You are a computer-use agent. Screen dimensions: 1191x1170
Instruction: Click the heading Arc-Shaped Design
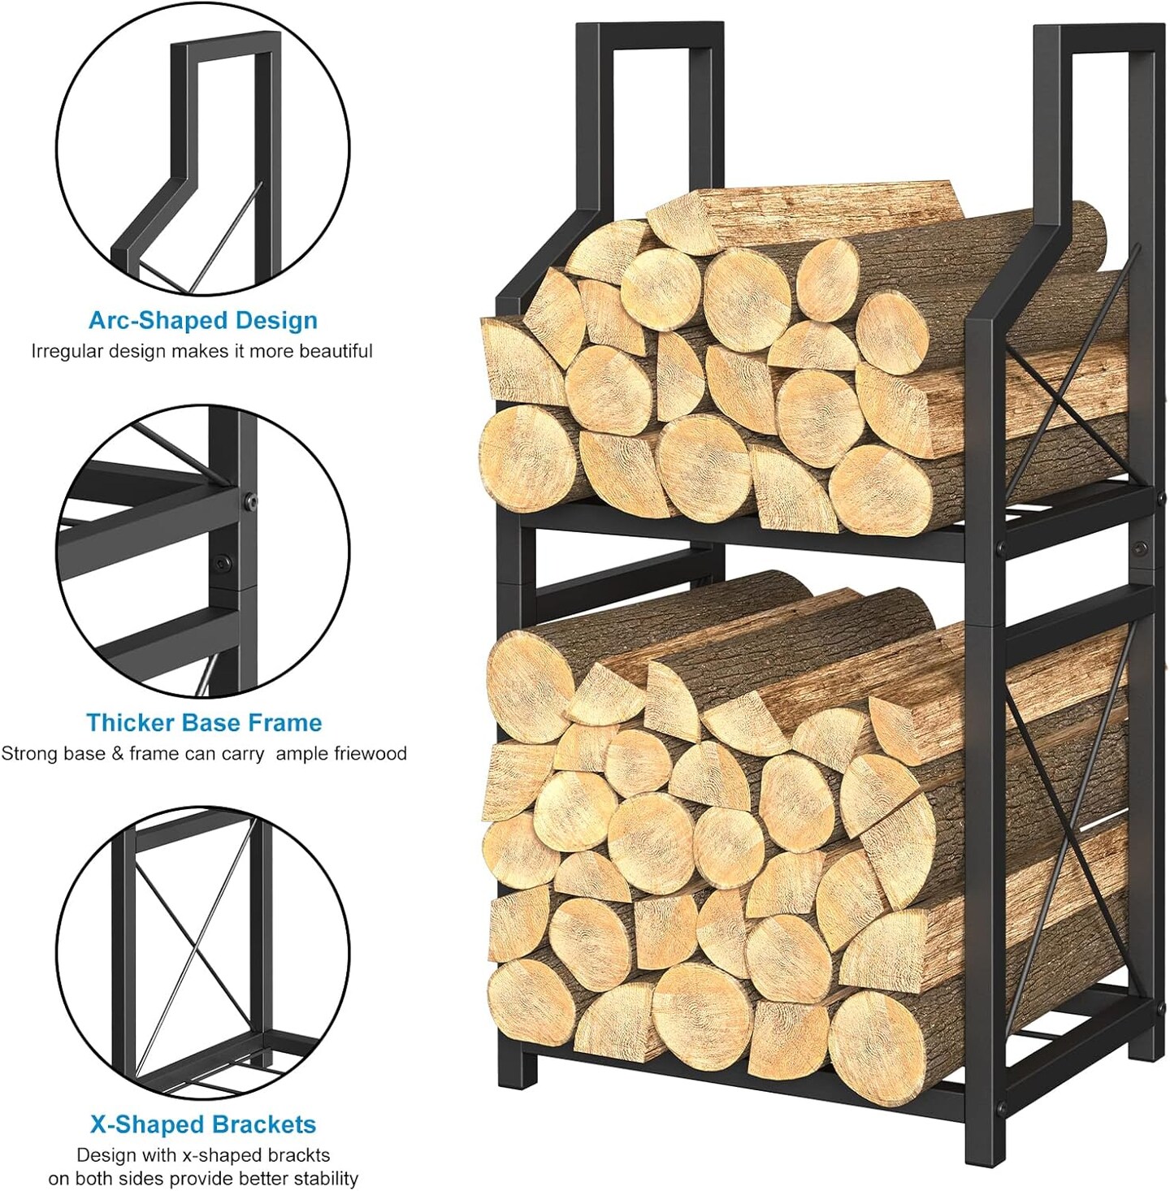(x=203, y=320)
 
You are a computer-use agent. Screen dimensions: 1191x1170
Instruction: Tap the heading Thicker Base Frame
(x=204, y=722)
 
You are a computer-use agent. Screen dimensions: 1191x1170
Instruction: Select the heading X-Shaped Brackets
(x=203, y=1124)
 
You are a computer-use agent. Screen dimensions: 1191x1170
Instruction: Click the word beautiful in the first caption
(x=336, y=352)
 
